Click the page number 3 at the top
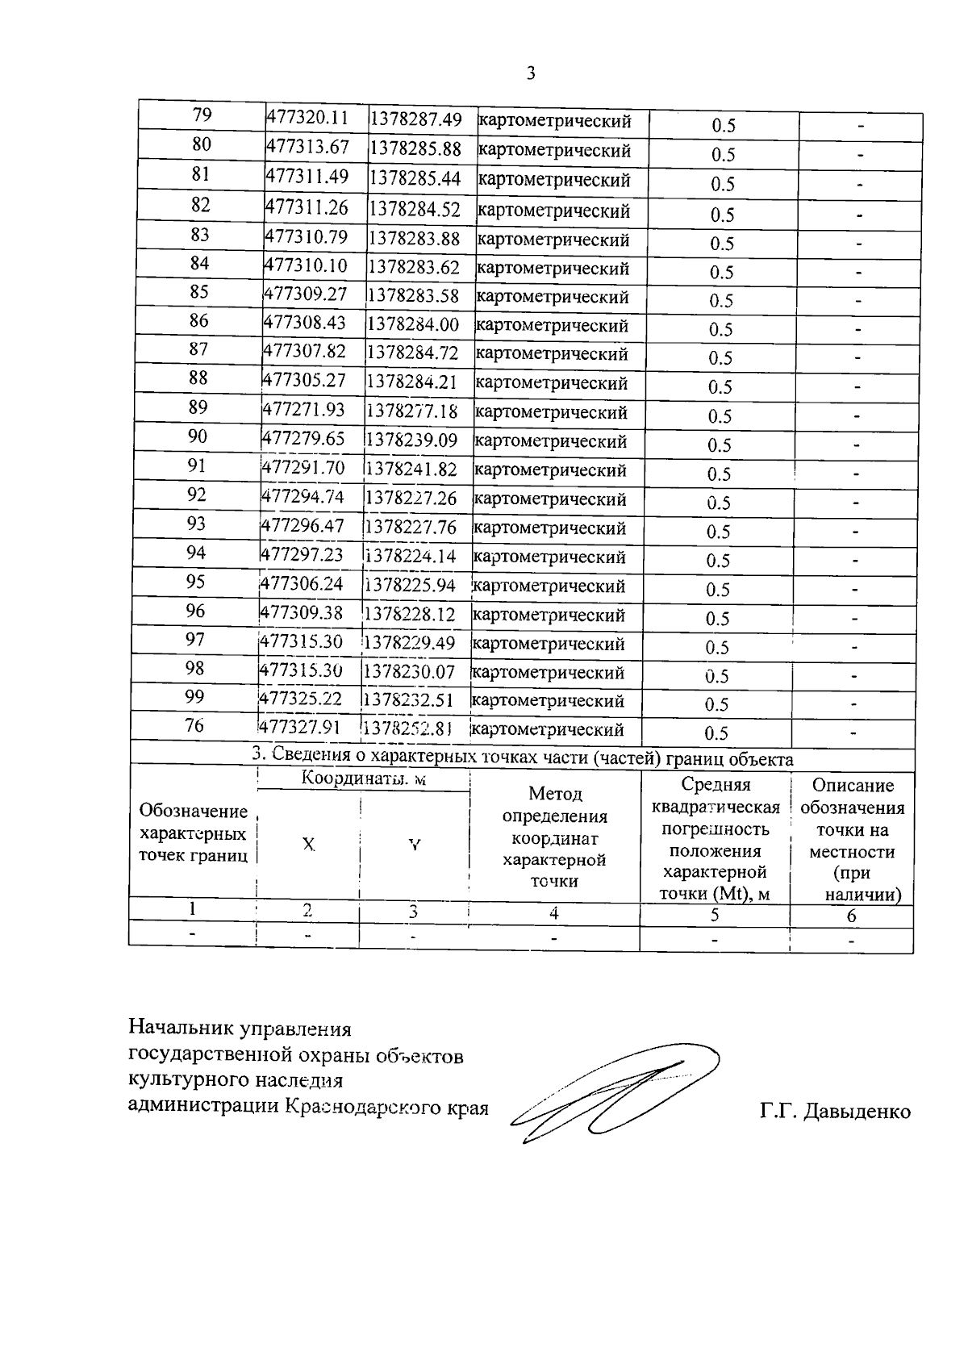click(530, 74)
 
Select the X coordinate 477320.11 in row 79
click(307, 118)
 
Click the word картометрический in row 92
click(549, 499)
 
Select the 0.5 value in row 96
click(717, 619)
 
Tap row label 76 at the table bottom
click(194, 725)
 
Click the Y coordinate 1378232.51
click(408, 699)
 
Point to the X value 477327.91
click(299, 726)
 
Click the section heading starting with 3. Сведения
click(522, 758)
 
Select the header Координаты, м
click(363, 779)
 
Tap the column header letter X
click(308, 845)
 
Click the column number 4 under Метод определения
click(553, 913)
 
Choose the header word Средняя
click(716, 785)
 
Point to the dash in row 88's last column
click(857, 387)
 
